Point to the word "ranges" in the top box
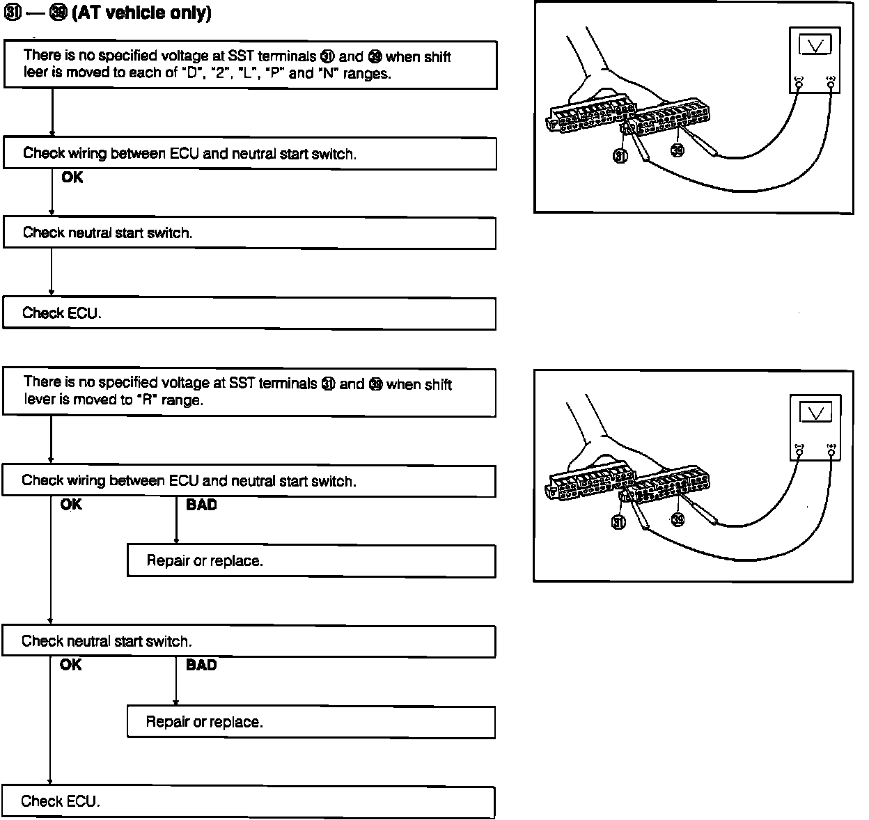(366, 73)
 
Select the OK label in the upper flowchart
(72, 178)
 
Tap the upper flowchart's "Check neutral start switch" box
(249, 232)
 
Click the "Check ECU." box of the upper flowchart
(249, 313)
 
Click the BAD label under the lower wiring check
(201, 505)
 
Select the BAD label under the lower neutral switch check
(201, 665)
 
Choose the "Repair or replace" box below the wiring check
(311, 561)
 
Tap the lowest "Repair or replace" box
(311, 723)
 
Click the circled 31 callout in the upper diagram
(620, 155)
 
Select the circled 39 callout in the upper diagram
(678, 150)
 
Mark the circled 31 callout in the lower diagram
(618, 522)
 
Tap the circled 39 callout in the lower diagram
(678, 518)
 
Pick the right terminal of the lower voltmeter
(831, 452)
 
